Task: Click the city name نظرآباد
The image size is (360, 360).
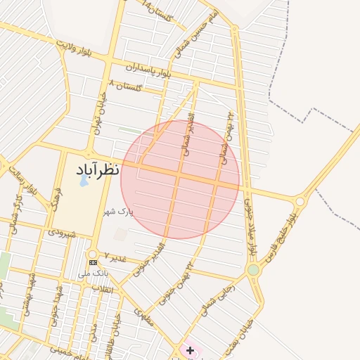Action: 97,169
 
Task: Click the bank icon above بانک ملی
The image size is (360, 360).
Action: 94,262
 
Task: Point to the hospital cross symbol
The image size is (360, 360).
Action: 190,349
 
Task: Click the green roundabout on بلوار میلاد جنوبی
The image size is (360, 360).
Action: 253,270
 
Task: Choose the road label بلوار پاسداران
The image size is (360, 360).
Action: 148,69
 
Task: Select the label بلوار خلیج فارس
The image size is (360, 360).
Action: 278,239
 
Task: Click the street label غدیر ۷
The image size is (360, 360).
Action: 115,257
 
